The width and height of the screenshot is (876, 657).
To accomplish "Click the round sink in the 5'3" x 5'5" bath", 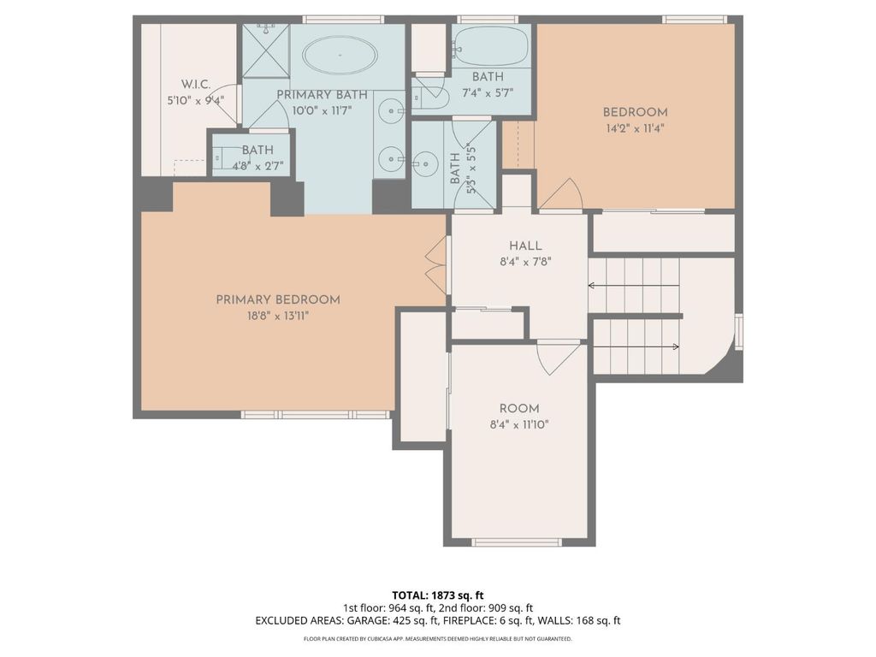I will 423,160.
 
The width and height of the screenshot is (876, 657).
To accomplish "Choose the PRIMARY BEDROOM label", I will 277,299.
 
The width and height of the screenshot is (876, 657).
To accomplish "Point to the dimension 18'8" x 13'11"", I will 277,316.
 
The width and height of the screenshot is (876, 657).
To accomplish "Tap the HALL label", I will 519,246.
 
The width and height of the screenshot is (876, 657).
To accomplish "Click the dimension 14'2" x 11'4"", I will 635,128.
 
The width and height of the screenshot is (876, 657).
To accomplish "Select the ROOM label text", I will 519,409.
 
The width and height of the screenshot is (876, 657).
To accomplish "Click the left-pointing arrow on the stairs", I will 633,286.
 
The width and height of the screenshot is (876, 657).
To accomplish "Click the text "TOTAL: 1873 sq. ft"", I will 438,595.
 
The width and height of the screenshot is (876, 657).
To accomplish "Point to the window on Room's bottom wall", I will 517,542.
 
